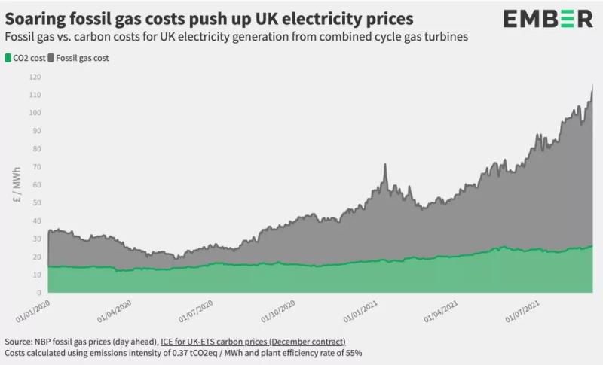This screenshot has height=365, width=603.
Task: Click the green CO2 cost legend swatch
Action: [8, 57]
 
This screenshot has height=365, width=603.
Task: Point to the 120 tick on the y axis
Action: [35, 77]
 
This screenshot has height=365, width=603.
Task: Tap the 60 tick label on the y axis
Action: [35, 185]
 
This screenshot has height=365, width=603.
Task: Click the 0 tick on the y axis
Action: [37, 293]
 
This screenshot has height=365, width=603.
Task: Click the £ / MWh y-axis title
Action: [16, 185]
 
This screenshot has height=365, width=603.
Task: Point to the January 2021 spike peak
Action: [384, 165]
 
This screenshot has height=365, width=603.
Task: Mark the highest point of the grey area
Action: [592, 85]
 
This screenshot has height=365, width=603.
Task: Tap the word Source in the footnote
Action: [20, 341]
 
